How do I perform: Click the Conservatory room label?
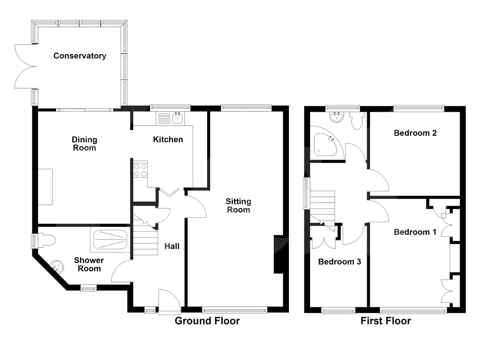[x=80, y=56]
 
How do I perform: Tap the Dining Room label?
[x=84, y=143]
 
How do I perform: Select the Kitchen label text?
[x=168, y=139]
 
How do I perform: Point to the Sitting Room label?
[x=238, y=205]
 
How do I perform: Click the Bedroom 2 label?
[x=415, y=133]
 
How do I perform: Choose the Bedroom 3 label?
[x=340, y=262]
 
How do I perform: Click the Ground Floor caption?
[x=207, y=321]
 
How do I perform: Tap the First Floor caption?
[x=386, y=321]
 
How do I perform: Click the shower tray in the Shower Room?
[x=110, y=240]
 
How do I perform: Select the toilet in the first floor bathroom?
[x=357, y=120]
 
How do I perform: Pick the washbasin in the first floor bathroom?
[x=337, y=117]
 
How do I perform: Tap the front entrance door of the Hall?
[x=169, y=302]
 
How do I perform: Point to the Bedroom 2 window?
[x=419, y=108]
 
